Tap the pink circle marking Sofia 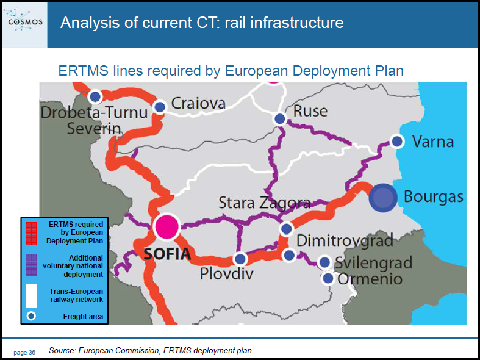[x=167, y=226]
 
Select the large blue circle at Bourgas [x=382, y=198]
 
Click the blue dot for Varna [x=397, y=142]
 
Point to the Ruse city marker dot [x=280, y=119]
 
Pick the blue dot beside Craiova [x=160, y=107]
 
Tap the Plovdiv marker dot [x=240, y=259]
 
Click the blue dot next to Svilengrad [x=324, y=262]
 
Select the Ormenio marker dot [x=328, y=278]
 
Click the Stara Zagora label [x=265, y=203]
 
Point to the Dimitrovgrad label [x=345, y=240]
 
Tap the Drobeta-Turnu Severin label [x=95, y=120]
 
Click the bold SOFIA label [x=167, y=254]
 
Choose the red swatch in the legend [x=32, y=234]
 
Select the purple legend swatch [x=32, y=265]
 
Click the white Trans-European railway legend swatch [x=32, y=296]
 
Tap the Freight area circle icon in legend [x=31, y=316]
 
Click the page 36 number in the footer [x=24, y=353]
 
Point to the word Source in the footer [x=62, y=350]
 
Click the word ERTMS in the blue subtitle [x=84, y=71]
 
